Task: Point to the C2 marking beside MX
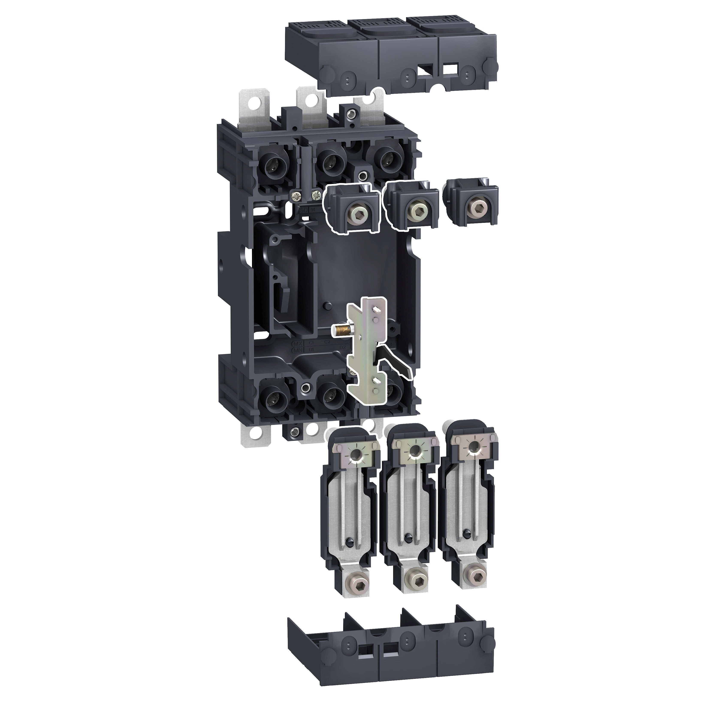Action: point(327,342)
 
